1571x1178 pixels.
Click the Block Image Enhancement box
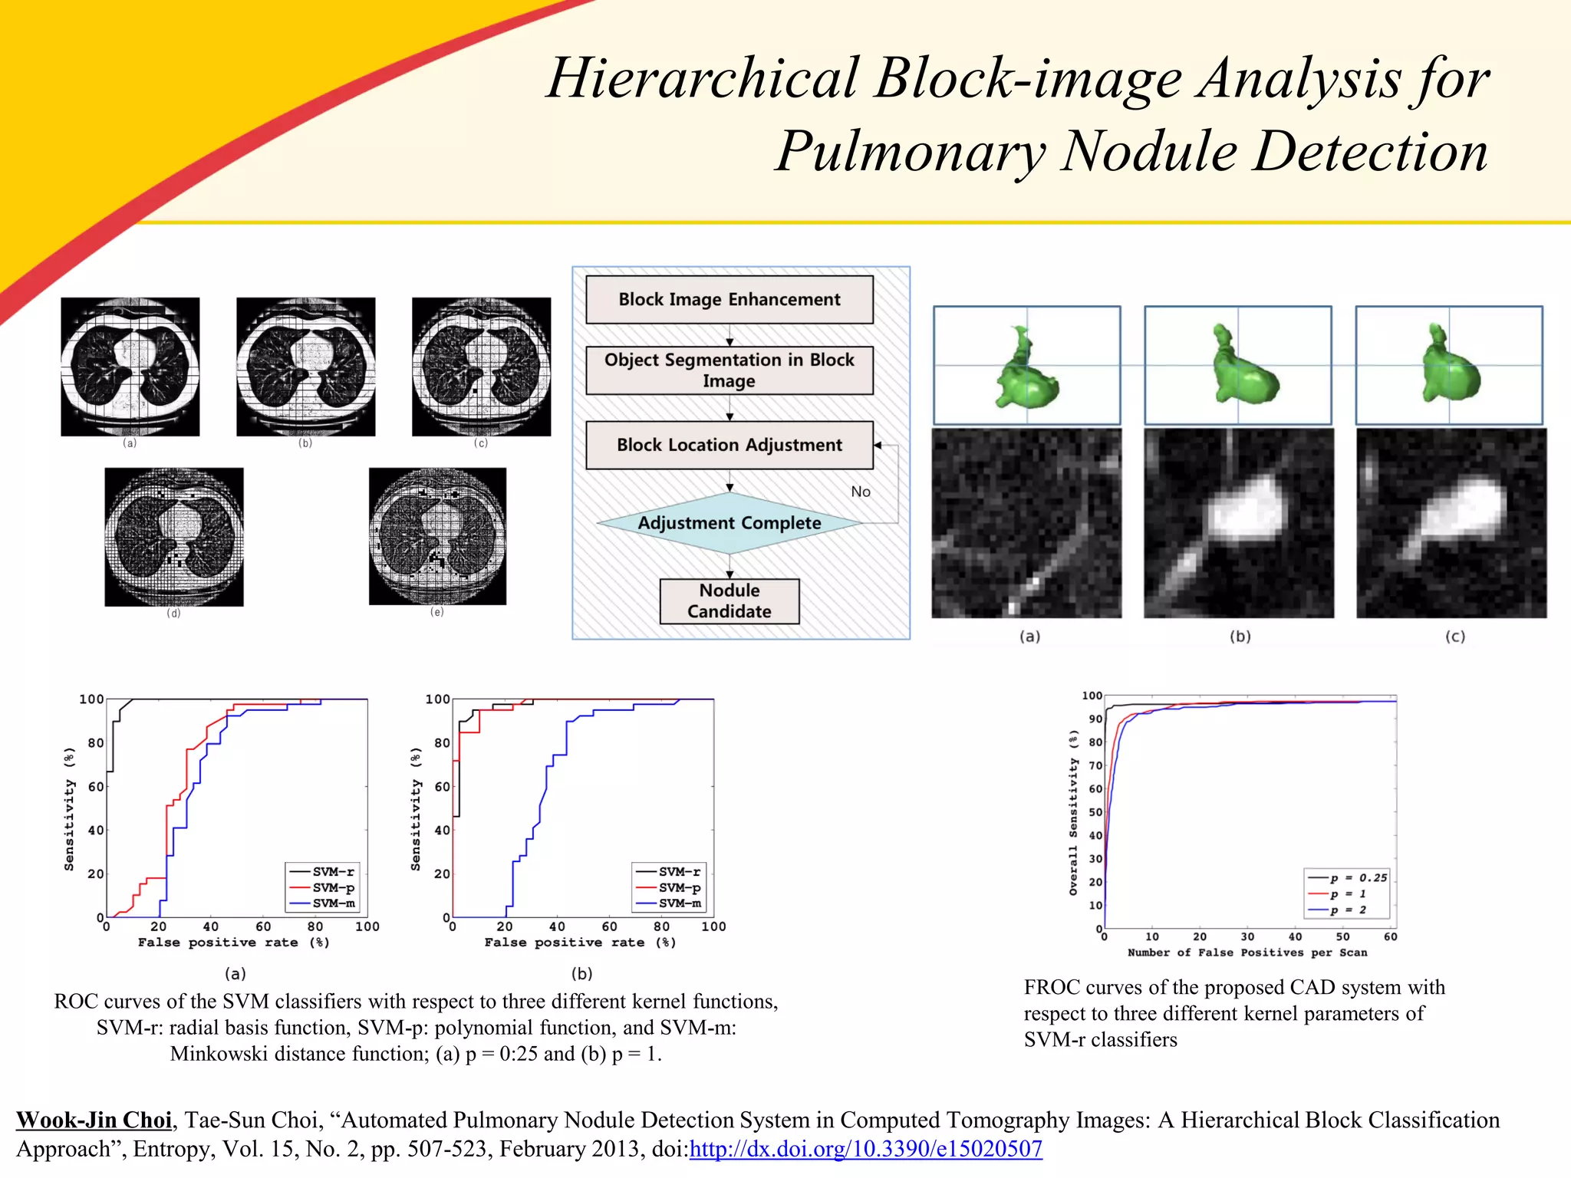[x=729, y=300]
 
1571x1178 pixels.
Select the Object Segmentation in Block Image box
[x=729, y=370]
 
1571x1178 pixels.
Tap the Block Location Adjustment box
[x=729, y=445]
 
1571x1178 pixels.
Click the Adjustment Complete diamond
[x=729, y=523]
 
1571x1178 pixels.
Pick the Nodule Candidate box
[x=729, y=601]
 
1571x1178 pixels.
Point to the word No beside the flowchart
[x=861, y=492]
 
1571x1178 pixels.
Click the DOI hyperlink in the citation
[x=865, y=1149]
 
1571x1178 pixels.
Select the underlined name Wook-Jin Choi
[x=94, y=1120]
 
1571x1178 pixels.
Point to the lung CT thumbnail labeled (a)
[x=130, y=367]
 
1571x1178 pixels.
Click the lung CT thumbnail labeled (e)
[x=437, y=536]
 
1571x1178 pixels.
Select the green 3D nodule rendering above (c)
[x=1449, y=365]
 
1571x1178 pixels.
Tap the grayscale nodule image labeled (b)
[x=1239, y=523]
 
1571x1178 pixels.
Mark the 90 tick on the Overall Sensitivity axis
[x=1095, y=719]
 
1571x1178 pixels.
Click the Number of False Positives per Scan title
[x=1247, y=953]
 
